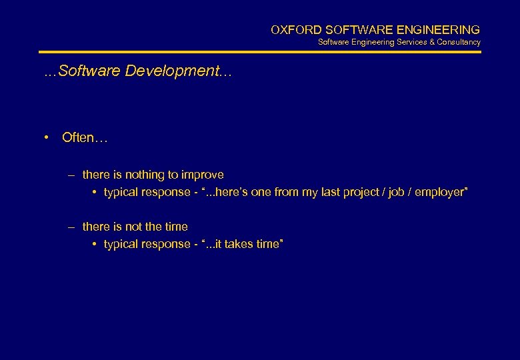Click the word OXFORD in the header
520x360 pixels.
291,30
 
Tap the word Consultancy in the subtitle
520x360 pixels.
459,42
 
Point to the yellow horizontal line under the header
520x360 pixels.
260,52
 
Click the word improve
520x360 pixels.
203,175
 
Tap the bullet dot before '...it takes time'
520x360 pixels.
95,244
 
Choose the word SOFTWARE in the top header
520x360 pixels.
360,30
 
